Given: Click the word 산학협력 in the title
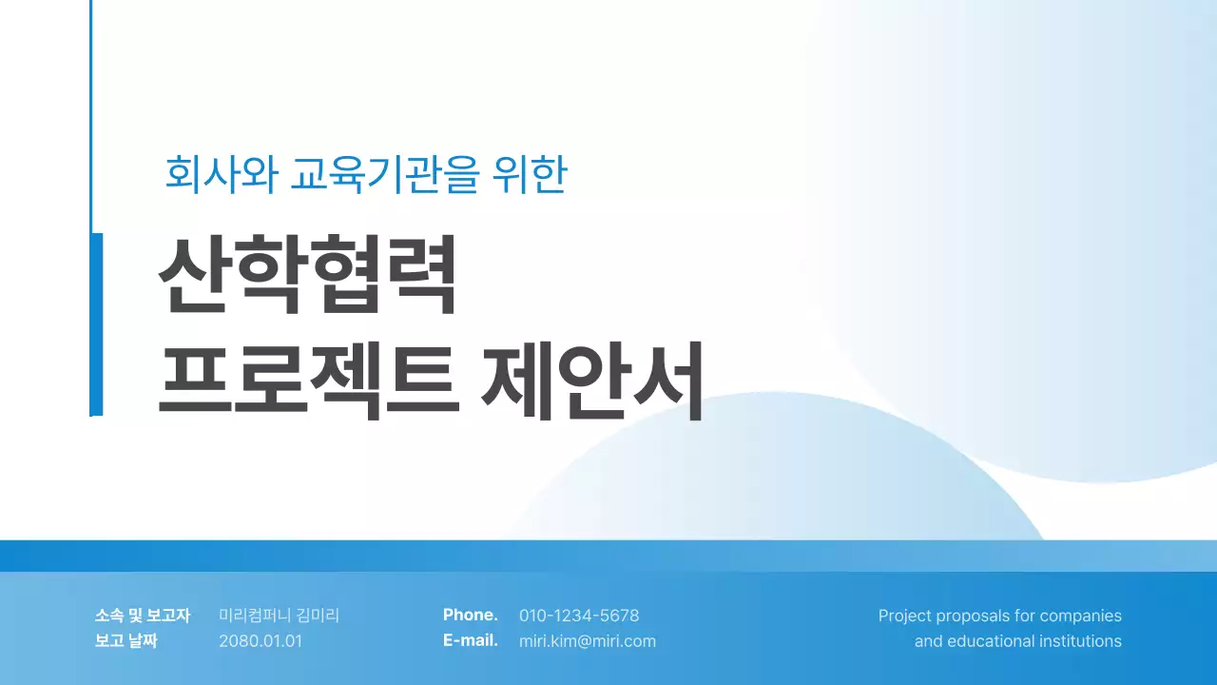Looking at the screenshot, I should click(307, 276).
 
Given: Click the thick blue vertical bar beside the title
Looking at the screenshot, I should click(96, 323).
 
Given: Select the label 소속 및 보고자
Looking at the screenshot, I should click(143, 616).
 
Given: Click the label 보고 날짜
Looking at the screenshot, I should click(126, 641).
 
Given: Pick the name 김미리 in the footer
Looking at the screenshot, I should click(318, 616).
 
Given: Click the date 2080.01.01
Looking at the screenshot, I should click(261, 641).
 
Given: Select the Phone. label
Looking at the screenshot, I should click(470, 616).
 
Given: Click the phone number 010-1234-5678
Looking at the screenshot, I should click(579, 616).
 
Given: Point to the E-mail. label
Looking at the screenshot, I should click(470, 641).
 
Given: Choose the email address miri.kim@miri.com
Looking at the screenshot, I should click(588, 641).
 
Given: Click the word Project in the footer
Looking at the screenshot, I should click(904, 616).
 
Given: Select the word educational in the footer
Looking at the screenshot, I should click(989, 641).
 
